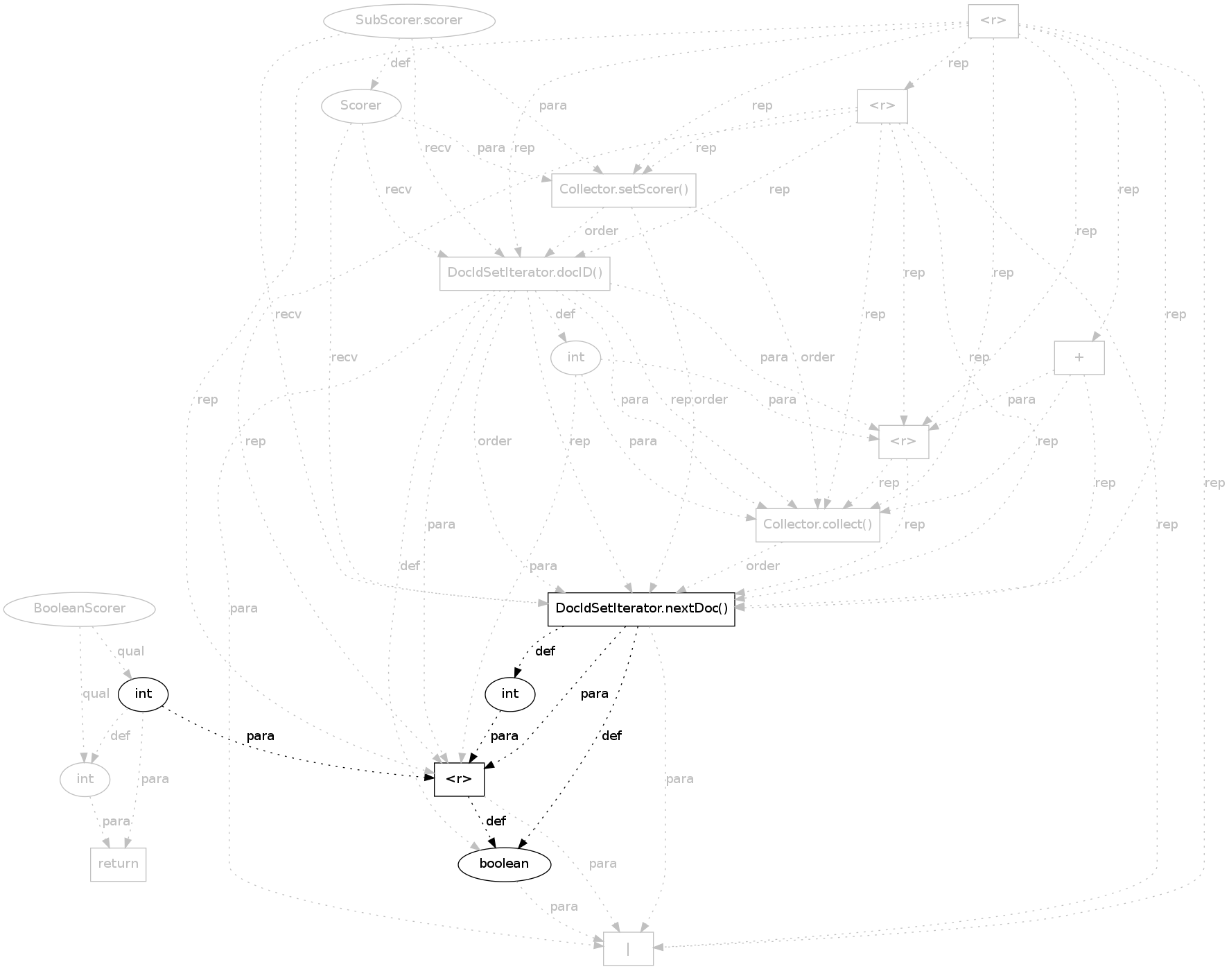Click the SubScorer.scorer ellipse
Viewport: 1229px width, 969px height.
click(x=409, y=21)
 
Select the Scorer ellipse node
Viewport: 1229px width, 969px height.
click(x=361, y=106)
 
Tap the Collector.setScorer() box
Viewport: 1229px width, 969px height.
click(x=624, y=190)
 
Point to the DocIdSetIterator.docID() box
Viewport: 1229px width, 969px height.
click(x=525, y=273)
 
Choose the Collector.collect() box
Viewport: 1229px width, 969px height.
click(x=818, y=525)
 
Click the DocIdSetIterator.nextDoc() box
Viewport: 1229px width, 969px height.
click(x=641, y=609)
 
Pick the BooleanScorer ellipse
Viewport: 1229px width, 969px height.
click(x=80, y=609)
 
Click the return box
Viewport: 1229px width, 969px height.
click(x=119, y=864)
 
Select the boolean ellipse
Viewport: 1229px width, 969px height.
click(x=505, y=864)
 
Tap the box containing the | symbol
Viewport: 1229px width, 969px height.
click(x=628, y=948)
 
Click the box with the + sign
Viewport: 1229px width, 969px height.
click(x=1079, y=358)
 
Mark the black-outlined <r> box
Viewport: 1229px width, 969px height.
click(x=459, y=780)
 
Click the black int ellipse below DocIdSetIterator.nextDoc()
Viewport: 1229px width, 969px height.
click(x=510, y=694)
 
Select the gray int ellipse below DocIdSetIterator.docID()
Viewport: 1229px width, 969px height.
click(x=576, y=358)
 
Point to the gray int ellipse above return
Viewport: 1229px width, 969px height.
click(x=85, y=780)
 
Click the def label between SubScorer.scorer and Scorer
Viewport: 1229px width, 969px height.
click(x=401, y=63)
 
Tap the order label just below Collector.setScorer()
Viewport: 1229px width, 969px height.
click(x=601, y=231)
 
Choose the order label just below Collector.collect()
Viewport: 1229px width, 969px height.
click(x=762, y=566)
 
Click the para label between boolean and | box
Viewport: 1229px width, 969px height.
click(x=564, y=907)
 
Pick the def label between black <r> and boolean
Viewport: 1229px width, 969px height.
click(x=496, y=821)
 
